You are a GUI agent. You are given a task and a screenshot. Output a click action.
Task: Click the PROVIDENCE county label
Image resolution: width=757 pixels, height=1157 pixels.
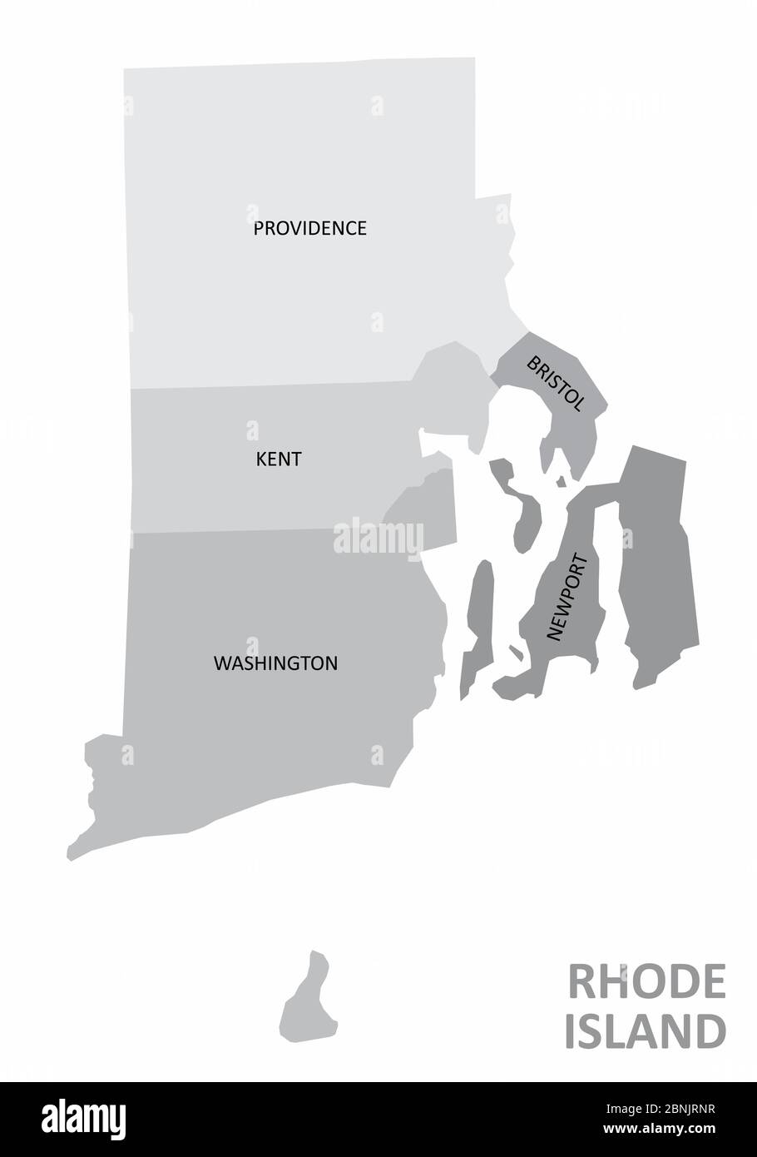pos(309,228)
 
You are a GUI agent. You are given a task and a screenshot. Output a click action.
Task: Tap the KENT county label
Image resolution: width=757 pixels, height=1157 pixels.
pos(279,459)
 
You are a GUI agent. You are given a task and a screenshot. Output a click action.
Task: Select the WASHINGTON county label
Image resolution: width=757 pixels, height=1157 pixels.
pos(275,663)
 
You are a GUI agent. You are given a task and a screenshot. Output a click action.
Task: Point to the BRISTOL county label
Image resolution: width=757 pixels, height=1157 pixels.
pos(556,382)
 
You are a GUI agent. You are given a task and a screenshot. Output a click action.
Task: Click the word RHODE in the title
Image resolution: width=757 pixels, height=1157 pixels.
pos(646,983)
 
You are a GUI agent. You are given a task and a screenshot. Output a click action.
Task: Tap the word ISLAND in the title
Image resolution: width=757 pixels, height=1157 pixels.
pos(646,1031)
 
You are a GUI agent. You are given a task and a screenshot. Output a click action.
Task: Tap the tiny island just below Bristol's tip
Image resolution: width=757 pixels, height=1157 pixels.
pos(562,481)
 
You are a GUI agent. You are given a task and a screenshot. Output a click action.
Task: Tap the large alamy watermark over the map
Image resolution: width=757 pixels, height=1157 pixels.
pos(378,537)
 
